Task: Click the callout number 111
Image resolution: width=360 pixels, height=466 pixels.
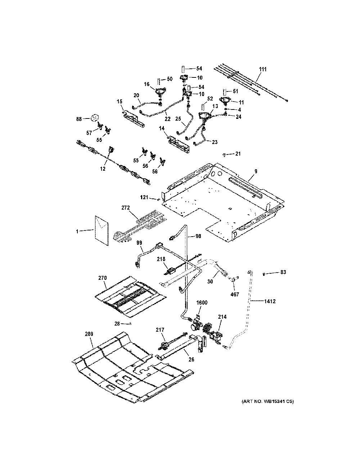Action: [x=263, y=69]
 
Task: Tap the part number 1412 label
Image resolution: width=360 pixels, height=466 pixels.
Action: [x=270, y=301]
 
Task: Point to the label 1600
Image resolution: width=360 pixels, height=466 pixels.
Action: [x=202, y=303]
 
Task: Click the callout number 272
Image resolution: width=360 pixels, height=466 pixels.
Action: [x=125, y=207]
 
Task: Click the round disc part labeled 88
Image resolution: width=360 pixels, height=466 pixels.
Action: [x=94, y=118]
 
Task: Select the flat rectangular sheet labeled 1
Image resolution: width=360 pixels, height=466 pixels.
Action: [x=101, y=230]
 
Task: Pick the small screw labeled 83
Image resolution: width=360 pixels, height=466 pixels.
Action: [x=264, y=274]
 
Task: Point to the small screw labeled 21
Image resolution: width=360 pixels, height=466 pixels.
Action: [x=224, y=154]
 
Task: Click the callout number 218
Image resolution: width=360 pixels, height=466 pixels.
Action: [x=161, y=259]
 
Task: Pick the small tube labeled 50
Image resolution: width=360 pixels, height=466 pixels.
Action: [x=159, y=82]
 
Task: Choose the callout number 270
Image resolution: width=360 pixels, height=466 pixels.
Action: [x=103, y=278]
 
